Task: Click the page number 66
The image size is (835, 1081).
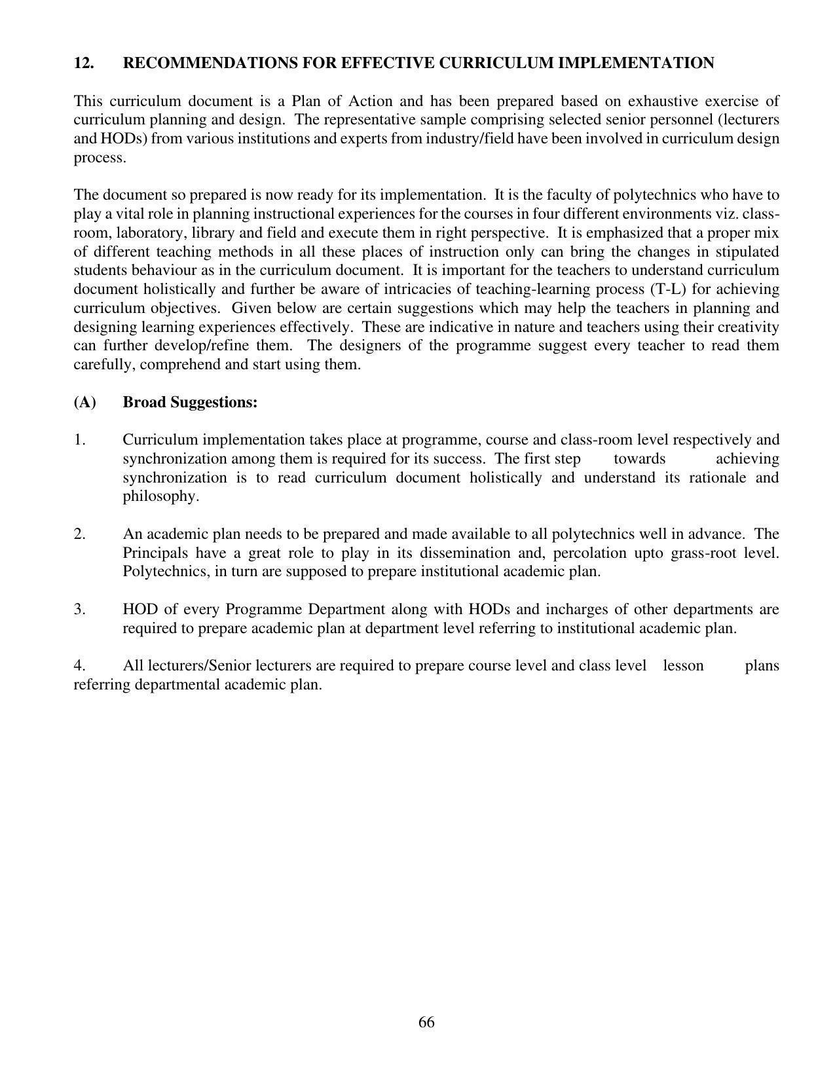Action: pos(426,1023)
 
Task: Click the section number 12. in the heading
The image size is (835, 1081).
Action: pos(83,64)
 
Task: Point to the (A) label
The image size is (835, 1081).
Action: pos(84,402)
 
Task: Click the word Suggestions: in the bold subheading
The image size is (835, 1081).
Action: pos(214,402)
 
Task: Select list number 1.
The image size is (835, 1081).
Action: pos(79,440)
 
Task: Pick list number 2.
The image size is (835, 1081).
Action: pos(79,534)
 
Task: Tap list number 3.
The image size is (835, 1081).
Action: pos(79,610)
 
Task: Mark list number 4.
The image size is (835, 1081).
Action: pos(79,666)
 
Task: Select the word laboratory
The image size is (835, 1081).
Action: pos(150,233)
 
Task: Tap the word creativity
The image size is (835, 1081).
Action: pos(749,327)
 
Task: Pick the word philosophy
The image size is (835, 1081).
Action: pos(160,496)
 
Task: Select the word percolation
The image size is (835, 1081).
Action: pos(589,553)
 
